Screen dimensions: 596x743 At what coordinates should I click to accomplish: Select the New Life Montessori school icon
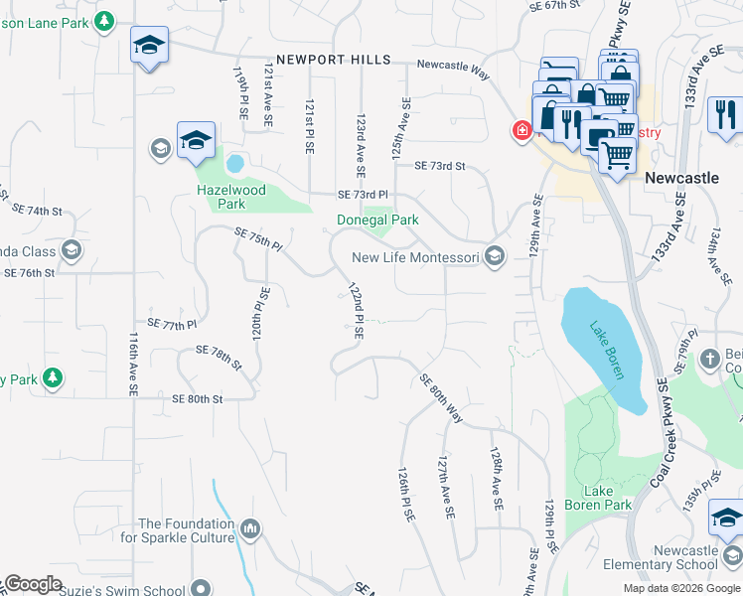pyautogui.click(x=495, y=257)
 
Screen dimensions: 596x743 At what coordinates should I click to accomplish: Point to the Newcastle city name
pyautogui.click(x=681, y=178)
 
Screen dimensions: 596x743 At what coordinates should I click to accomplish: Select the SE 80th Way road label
pyautogui.click(x=441, y=397)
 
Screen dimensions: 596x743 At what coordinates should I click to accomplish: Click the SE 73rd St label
pyautogui.click(x=439, y=166)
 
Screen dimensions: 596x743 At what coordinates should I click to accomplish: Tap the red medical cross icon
pyautogui.click(x=520, y=131)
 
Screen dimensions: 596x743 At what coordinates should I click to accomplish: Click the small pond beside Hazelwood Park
pyautogui.click(x=235, y=163)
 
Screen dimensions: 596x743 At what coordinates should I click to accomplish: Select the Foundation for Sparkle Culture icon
pyautogui.click(x=249, y=526)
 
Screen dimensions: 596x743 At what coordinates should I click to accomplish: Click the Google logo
pyautogui.click(x=34, y=584)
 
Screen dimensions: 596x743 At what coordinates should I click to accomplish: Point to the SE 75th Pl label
pyautogui.click(x=259, y=239)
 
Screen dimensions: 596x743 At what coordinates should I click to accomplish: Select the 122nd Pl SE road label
pyautogui.click(x=355, y=310)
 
